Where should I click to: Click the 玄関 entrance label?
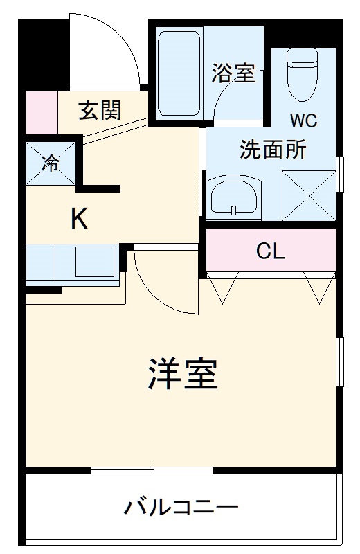point(100,110)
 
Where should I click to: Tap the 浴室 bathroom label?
point(233,74)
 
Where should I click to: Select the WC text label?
point(303,120)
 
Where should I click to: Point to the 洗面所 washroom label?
point(273,150)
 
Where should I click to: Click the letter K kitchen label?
point(80,220)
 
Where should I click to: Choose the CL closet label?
point(270,251)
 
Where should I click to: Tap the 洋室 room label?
point(183,374)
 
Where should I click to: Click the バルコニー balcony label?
point(181,508)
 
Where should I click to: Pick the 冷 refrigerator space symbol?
point(51,163)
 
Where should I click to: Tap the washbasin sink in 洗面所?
point(234,198)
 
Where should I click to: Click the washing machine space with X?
point(308,196)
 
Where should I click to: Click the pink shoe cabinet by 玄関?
point(41,111)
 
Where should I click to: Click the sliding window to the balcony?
point(152,471)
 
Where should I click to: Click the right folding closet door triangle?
point(319,289)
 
